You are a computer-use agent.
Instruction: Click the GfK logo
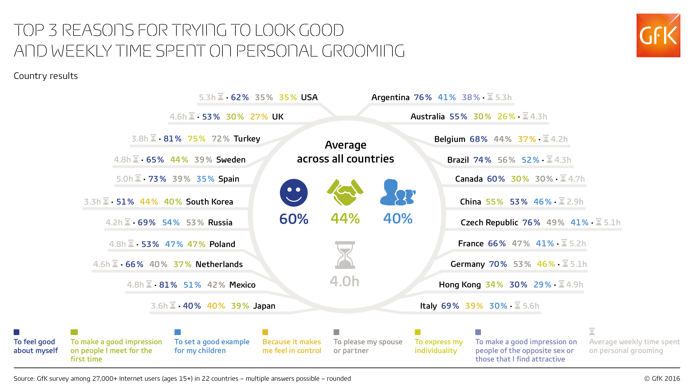[658, 35]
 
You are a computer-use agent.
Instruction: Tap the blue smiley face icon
[294, 193]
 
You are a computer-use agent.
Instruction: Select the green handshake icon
[345, 192]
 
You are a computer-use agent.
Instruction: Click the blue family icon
[398, 192]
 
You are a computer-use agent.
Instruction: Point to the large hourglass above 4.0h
[345, 255]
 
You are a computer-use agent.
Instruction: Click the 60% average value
[294, 219]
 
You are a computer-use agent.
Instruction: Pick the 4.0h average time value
[345, 281]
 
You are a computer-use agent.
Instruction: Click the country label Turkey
[247, 139]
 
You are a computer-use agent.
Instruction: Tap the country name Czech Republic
[489, 222]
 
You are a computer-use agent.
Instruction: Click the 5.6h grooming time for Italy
[531, 306]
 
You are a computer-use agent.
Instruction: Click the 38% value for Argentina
[471, 97]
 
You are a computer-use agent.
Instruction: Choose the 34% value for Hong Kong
[494, 284]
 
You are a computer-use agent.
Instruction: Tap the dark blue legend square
[16, 332]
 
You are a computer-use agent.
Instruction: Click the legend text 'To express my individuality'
[439, 346]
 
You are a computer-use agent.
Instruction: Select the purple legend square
[478, 332]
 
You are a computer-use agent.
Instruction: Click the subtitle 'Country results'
[46, 76]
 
